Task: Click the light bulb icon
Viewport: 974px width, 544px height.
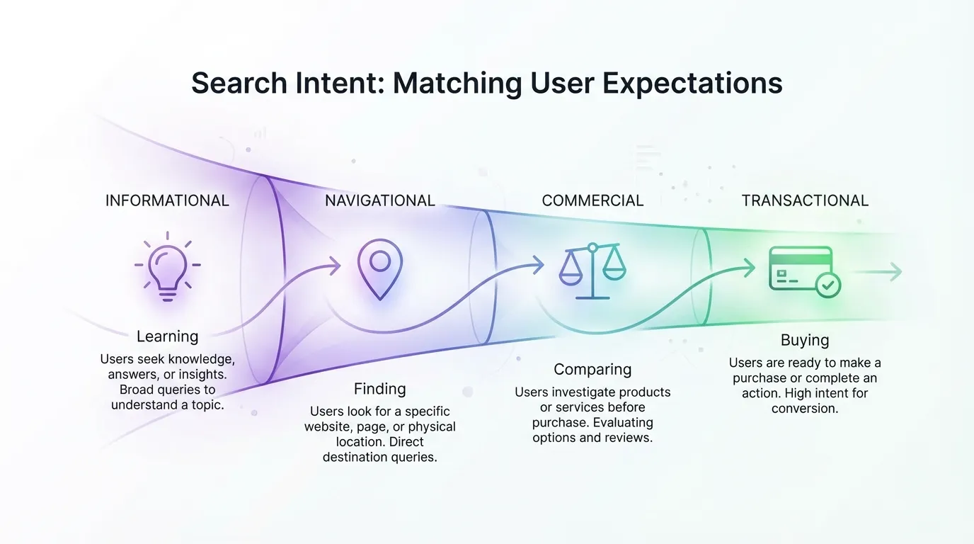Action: [x=168, y=266]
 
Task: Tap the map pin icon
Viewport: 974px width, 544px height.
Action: [x=380, y=267]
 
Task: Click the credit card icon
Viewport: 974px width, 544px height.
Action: [x=801, y=268]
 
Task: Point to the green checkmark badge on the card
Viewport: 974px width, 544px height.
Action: [x=827, y=285]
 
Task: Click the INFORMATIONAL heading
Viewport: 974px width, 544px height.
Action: [x=167, y=200]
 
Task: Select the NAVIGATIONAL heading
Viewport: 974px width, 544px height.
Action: [x=380, y=200]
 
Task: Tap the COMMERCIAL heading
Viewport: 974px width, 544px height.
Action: [x=592, y=200]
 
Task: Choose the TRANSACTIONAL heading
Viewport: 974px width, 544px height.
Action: [x=805, y=200]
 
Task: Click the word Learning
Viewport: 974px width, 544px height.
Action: [x=168, y=336]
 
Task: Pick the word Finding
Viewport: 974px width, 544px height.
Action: [x=380, y=389]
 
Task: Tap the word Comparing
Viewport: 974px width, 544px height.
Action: [x=592, y=369]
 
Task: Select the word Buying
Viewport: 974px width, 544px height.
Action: [x=805, y=340]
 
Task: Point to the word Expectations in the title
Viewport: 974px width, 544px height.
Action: [x=692, y=84]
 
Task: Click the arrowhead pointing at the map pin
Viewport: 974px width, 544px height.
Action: [x=334, y=266]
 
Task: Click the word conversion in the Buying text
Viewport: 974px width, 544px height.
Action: [x=805, y=408]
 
